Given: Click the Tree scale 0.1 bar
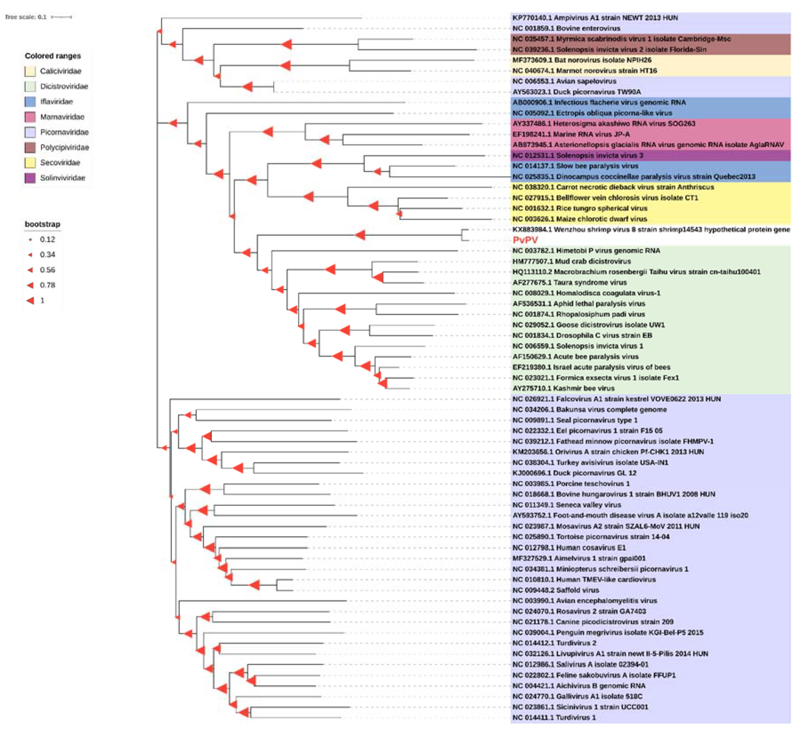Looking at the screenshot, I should (61, 17).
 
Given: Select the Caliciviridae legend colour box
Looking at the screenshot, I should (30, 71).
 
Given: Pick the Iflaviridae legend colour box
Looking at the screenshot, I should (30, 102).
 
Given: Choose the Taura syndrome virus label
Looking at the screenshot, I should (569, 282).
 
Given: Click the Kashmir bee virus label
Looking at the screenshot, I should (563, 388).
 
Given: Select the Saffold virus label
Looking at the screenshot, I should (555, 590).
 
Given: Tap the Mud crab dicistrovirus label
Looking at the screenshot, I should (571, 261).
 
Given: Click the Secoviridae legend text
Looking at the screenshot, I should (60, 163).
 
